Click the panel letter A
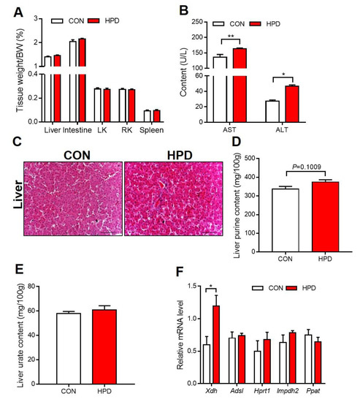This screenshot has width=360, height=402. coord(9,10)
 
